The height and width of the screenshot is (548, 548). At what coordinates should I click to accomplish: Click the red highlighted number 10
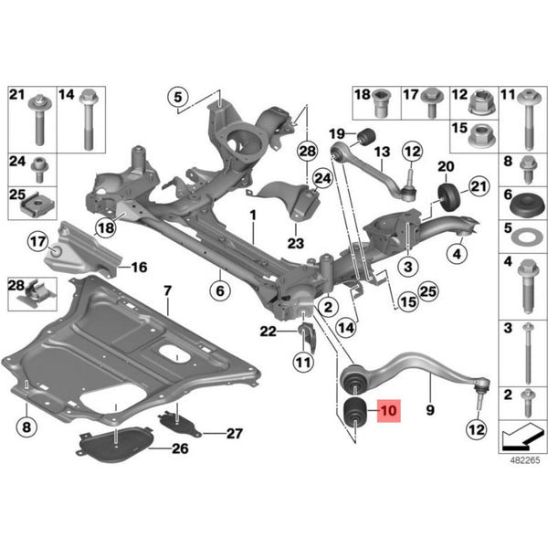point(389,410)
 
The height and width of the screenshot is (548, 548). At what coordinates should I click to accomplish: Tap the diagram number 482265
point(525,460)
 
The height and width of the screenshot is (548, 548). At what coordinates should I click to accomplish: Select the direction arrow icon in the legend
point(523,437)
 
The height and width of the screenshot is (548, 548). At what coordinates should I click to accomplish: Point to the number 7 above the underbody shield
point(168,290)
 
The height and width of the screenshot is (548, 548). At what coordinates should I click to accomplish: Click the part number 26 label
point(180,448)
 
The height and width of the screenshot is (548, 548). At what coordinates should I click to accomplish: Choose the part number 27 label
point(235,434)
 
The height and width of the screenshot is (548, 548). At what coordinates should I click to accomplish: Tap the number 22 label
point(268,332)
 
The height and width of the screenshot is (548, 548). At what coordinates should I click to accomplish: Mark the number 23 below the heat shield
point(296,243)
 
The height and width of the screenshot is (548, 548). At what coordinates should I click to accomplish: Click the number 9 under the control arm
point(430,410)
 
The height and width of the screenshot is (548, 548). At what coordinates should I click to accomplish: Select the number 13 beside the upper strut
point(383,152)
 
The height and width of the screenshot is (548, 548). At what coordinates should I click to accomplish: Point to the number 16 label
point(139,268)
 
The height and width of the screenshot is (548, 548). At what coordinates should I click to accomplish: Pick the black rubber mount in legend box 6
point(528,204)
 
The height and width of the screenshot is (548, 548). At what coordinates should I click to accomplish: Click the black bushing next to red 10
point(355,413)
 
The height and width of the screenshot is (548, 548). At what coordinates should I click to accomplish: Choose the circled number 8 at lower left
point(26,427)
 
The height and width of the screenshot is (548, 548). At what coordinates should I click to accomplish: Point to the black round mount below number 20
point(449,196)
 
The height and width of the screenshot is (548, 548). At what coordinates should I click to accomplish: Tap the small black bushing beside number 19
point(366,137)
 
